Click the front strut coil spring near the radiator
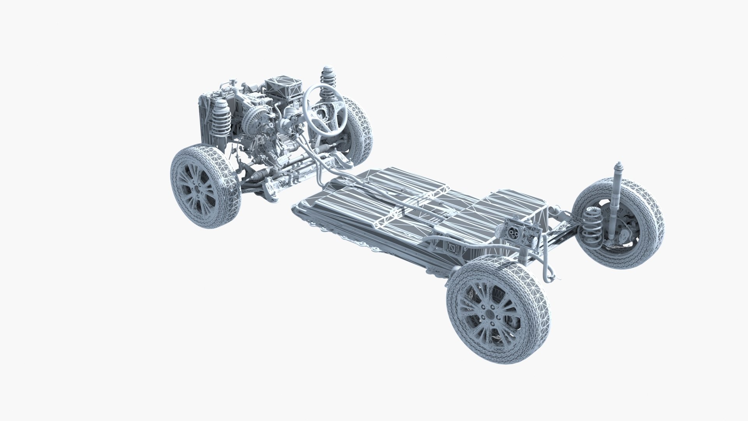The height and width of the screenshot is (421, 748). pyautogui.click(x=221, y=119)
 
